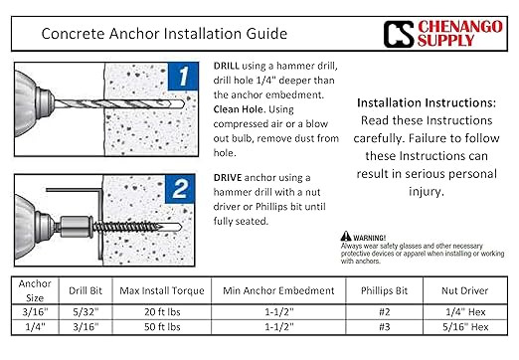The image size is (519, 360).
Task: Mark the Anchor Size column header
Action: pyautogui.click(x=35, y=293)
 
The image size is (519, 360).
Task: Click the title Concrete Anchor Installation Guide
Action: pyautogui.click(x=159, y=33)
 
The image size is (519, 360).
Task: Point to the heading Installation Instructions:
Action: pyautogui.click(x=425, y=102)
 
